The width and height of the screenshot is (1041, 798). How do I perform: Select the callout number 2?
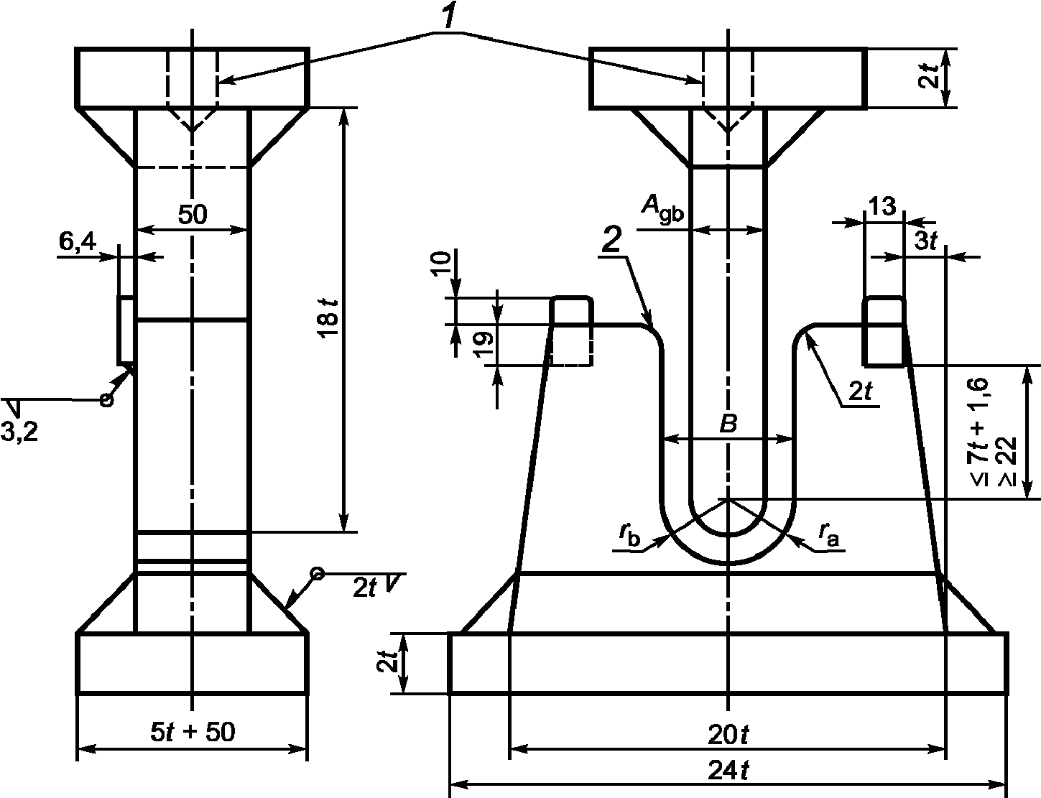tap(612, 239)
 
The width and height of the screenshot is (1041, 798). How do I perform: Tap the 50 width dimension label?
tap(193, 214)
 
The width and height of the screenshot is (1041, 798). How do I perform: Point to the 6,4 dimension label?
tap(78, 242)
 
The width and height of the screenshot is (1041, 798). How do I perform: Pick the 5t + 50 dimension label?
tap(193, 731)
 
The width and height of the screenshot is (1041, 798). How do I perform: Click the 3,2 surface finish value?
tap(19, 432)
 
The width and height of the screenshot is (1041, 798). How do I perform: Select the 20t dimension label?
tap(728, 735)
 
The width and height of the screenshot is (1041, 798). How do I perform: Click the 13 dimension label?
tap(882, 206)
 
